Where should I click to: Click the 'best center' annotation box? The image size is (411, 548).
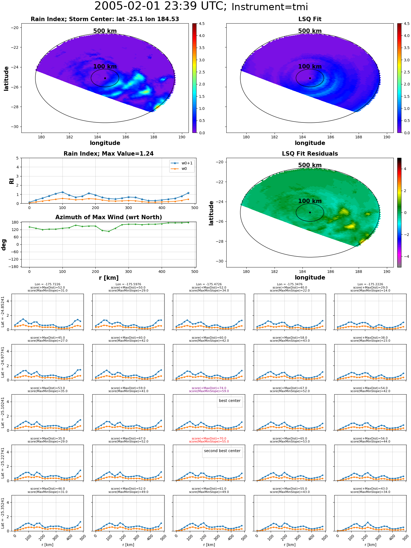coord(230,402)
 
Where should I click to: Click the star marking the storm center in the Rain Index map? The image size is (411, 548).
coord(105,78)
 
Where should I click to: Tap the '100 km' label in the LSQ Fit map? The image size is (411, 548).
coord(310,67)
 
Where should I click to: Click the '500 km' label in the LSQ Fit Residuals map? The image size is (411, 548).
coord(310,165)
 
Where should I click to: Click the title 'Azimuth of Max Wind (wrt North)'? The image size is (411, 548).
coord(109,217)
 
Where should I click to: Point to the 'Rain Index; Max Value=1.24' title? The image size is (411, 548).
coord(109,154)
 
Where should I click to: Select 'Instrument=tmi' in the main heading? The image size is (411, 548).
coord(270,7)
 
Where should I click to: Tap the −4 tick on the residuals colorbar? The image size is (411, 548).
coord(405,256)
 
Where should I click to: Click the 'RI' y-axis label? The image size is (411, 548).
coord(12,181)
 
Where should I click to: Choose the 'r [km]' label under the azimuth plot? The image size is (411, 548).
coord(109,278)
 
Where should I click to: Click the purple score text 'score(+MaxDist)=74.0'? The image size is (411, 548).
coord(209,388)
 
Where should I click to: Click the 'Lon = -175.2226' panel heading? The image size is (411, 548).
coord(370,284)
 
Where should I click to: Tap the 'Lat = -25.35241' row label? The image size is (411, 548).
coord(3,513)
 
